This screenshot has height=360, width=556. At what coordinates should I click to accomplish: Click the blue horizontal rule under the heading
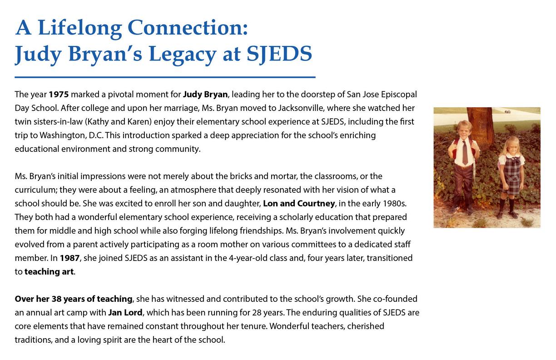tap(165, 77)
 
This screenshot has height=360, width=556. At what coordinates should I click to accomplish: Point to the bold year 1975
tap(59, 95)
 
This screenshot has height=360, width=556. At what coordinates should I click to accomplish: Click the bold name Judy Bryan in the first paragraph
tap(205, 95)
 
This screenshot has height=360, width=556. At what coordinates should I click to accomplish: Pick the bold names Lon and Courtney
tap(298, 203)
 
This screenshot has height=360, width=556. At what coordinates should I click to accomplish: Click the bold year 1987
tap(69, 258)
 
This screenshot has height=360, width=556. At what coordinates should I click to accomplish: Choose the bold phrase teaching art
tap(49, 272)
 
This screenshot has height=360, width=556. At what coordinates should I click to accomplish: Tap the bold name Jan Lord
tap(125, 313)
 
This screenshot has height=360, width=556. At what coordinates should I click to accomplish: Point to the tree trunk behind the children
tap(480, 127)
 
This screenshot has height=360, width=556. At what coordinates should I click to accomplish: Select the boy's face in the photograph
tap(464, 130)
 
